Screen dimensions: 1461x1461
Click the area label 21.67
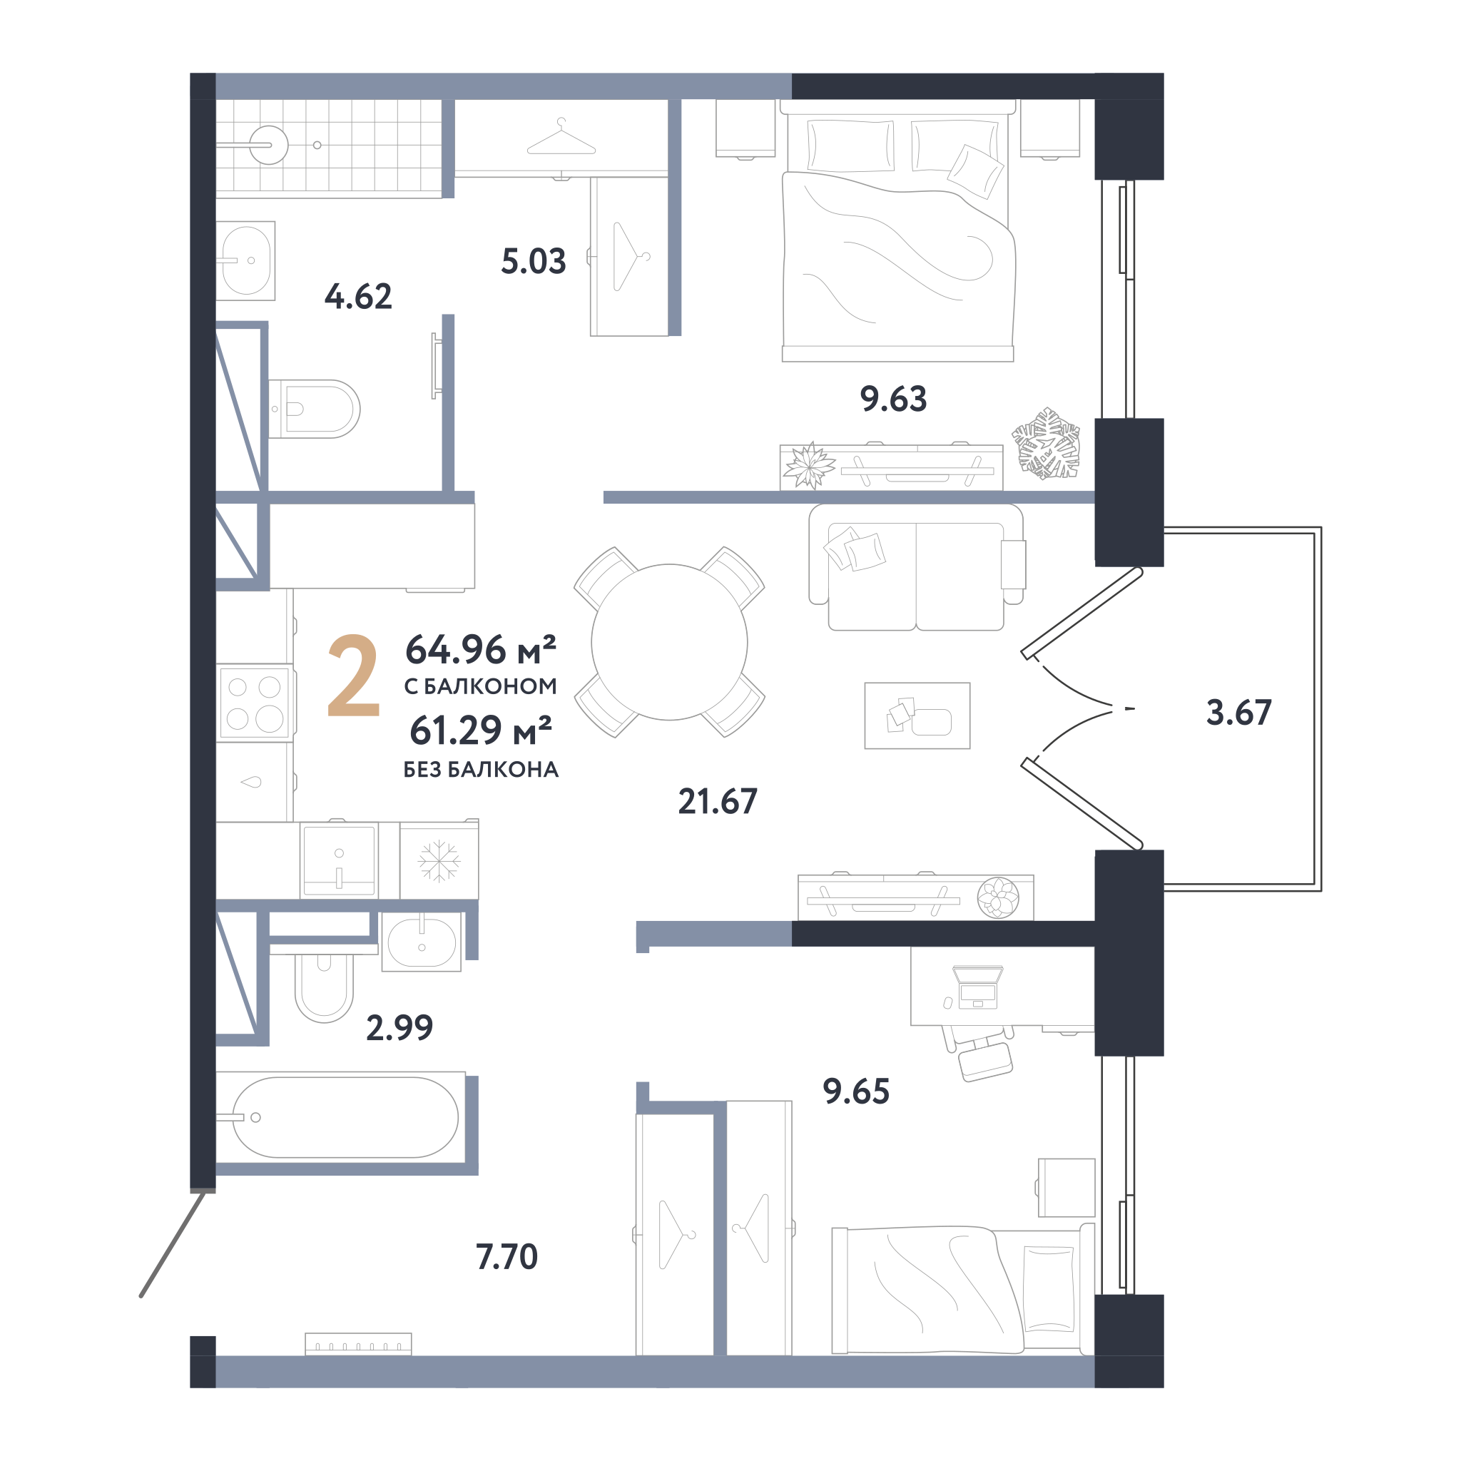coord(717,802)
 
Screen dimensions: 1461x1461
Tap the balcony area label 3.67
coord(1238,713)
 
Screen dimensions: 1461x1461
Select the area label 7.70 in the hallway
coord(506,1256)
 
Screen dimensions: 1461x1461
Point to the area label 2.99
coord(399,1028)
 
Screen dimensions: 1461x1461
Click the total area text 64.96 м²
coord(481,649)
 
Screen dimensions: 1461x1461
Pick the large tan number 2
coord(353,676)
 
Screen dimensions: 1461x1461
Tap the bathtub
coord(345,1118)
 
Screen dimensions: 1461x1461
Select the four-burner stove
coord(254,703)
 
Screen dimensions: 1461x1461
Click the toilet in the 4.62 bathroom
coord(314,409)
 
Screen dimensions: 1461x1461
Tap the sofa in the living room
coord(917,567)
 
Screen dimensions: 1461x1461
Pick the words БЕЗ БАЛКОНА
coord(481,770)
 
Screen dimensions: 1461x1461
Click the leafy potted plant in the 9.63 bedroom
coord(1047,444)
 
